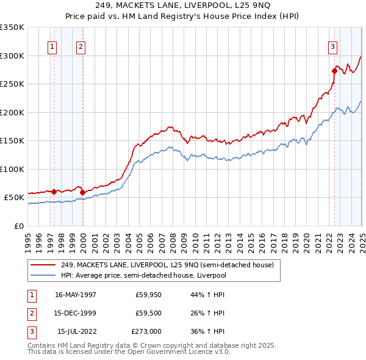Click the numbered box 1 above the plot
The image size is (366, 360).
52,46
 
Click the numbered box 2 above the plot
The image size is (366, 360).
81,46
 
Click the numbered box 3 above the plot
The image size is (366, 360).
332,46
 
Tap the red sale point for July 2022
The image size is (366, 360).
334,71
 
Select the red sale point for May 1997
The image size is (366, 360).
54,192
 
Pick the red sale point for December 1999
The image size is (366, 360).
82,192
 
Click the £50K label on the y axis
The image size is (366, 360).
14,198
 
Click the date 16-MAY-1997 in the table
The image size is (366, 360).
76,294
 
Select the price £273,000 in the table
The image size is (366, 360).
146,332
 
